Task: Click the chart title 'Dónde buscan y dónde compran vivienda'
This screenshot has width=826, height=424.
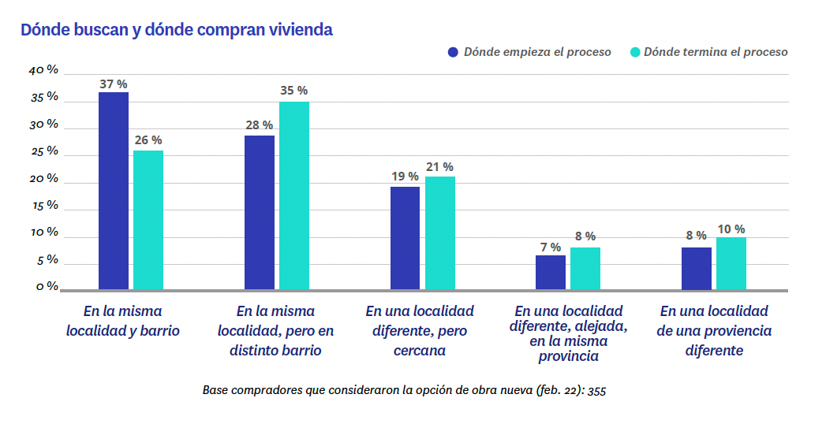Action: click(x=177, y=30)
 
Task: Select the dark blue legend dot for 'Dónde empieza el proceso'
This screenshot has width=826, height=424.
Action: click(x=453, y=52)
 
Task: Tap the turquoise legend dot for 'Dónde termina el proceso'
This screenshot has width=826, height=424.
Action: click(x=634, y=52)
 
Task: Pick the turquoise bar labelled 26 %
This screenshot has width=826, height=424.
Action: click(x=148, y=220)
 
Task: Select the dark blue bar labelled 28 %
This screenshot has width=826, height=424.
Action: click(x=260, y=212)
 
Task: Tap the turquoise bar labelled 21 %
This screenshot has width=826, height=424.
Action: click(x=440, y=232)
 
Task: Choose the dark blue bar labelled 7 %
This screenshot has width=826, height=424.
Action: click(x=551, y=272)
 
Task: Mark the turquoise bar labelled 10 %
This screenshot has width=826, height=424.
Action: click(x=731, y=263)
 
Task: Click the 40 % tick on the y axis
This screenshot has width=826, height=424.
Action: click(x=44, y=69)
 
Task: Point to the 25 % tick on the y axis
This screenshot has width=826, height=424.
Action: click(x=44, y=151)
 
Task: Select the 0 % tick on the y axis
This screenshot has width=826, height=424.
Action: click(x=47, y=286)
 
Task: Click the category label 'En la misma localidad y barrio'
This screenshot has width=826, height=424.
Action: click(x=123, y=321)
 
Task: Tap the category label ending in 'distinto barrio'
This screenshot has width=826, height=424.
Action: click(x=275, y=331)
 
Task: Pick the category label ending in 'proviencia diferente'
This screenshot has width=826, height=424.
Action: click(x=714, y=331)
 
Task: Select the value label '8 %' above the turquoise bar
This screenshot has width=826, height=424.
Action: click(x=585, y=236)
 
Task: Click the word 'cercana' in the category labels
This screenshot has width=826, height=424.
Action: click(x=420, y=351)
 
